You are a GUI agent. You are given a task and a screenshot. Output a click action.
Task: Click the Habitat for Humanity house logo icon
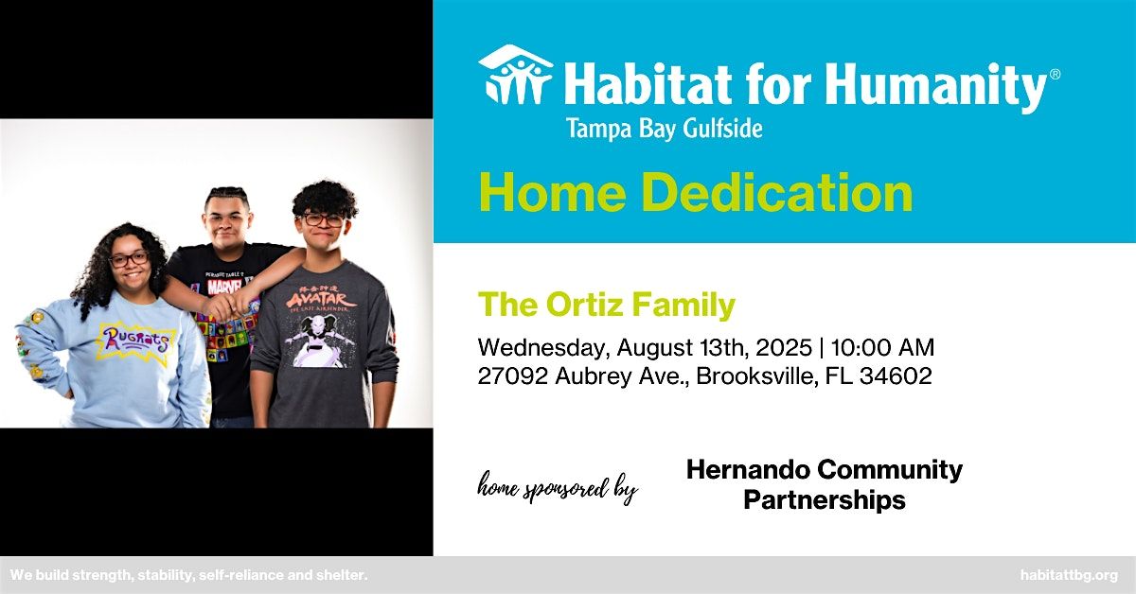515,75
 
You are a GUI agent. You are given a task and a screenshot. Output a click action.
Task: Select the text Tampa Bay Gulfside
664,129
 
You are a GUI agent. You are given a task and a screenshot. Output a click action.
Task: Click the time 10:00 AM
882,348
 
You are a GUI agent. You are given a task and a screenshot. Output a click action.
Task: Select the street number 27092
513,376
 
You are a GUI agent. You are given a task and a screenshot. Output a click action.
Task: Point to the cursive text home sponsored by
558,487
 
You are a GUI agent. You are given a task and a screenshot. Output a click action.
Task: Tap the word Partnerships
825,499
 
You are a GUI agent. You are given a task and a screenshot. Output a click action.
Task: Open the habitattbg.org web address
1069,575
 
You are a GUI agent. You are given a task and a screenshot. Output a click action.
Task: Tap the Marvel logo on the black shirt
224,287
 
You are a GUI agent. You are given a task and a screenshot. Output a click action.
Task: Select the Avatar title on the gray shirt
322,300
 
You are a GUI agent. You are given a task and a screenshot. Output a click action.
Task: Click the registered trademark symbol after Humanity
1054,75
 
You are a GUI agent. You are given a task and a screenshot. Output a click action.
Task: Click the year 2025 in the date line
784,348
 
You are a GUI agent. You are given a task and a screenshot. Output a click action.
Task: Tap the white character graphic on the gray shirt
320,340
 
